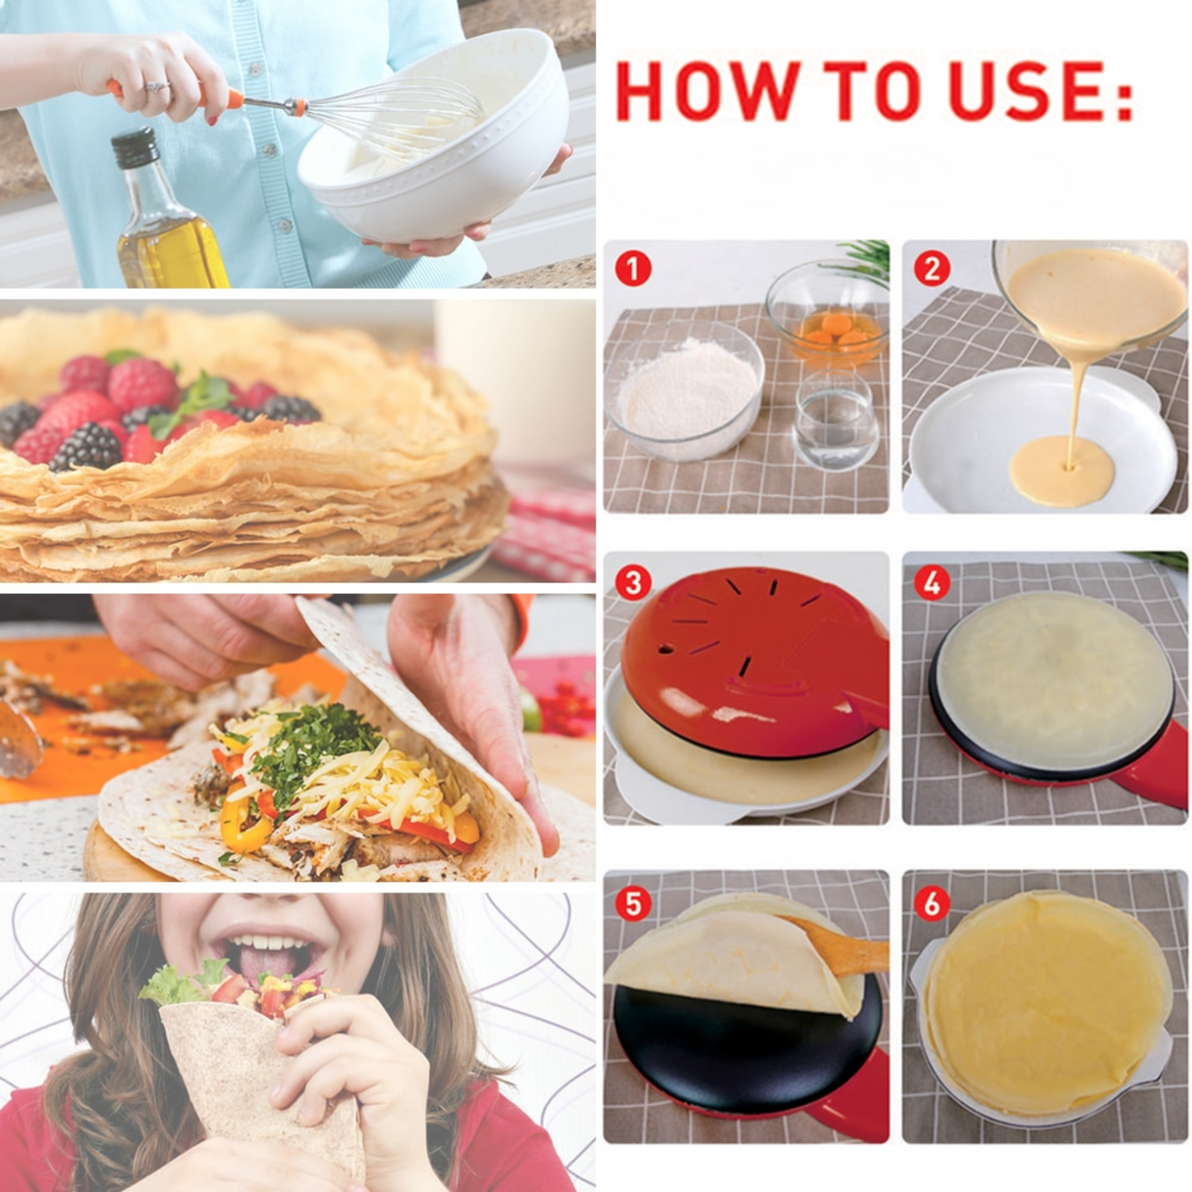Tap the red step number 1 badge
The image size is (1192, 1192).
click(x=633, y=267)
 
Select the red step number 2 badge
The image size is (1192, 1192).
click(x=931, y=268)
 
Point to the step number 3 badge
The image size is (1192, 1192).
click(x=633, y=582)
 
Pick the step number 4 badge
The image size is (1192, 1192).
click(x=931, y=582)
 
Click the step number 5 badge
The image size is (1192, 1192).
click(x=633, y=902)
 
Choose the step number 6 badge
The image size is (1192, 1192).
click(x=931, y=902)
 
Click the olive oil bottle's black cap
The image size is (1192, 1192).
click(x=135, y=147)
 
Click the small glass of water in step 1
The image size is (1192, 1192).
click(x=836, y=422)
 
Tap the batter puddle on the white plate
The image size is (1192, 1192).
click(x=1061, y=469)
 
